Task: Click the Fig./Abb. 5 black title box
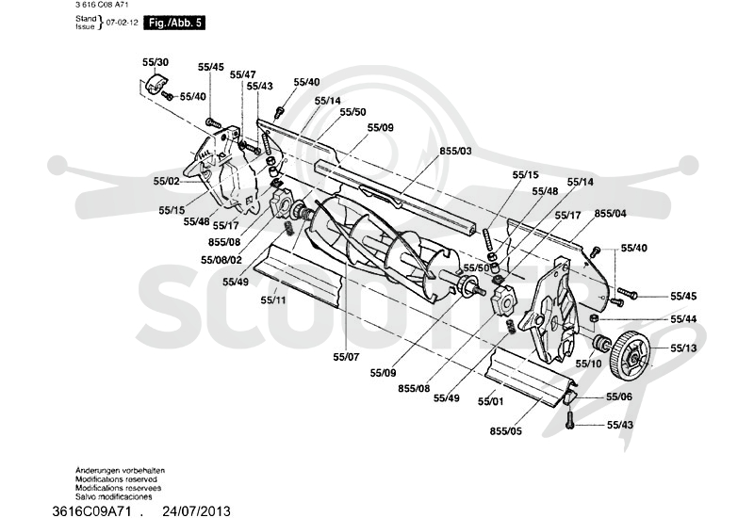click(174, 23)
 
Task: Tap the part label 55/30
click(156, 62)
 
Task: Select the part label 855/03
click(455, 151)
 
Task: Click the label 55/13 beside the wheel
click(683, 348)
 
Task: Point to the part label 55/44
click(683, 319)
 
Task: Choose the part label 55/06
click(619, 397)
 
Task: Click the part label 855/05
click(505, 431)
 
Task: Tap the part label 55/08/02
click(221, 260)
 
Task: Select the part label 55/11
click(273, 300)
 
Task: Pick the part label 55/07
click(346, 357)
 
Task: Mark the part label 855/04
click(610, 214)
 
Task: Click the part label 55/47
click(242, 74)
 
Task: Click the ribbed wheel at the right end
click(631, 355)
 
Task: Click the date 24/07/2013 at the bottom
click(196, 510)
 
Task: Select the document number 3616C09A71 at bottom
click(91, 510)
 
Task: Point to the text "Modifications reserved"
click(116, 479)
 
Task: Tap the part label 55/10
click(588, 364)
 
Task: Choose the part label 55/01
click(490, 401)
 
